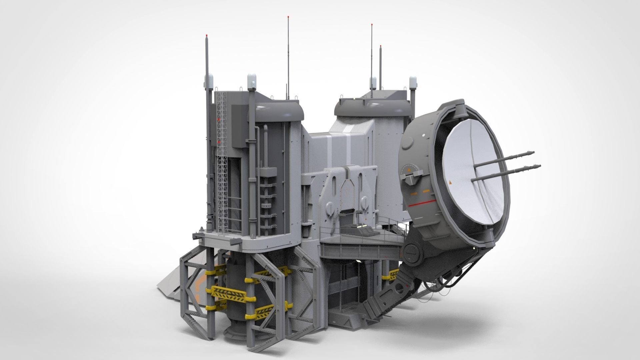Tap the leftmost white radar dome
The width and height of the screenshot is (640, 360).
pos(209,80)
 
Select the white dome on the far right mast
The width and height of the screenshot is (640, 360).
pos(413,82)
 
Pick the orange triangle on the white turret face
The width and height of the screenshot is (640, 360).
pos(451,182)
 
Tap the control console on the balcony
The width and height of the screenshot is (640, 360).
pos(360,228)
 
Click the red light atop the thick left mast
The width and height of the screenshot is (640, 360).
pos(207,35)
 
